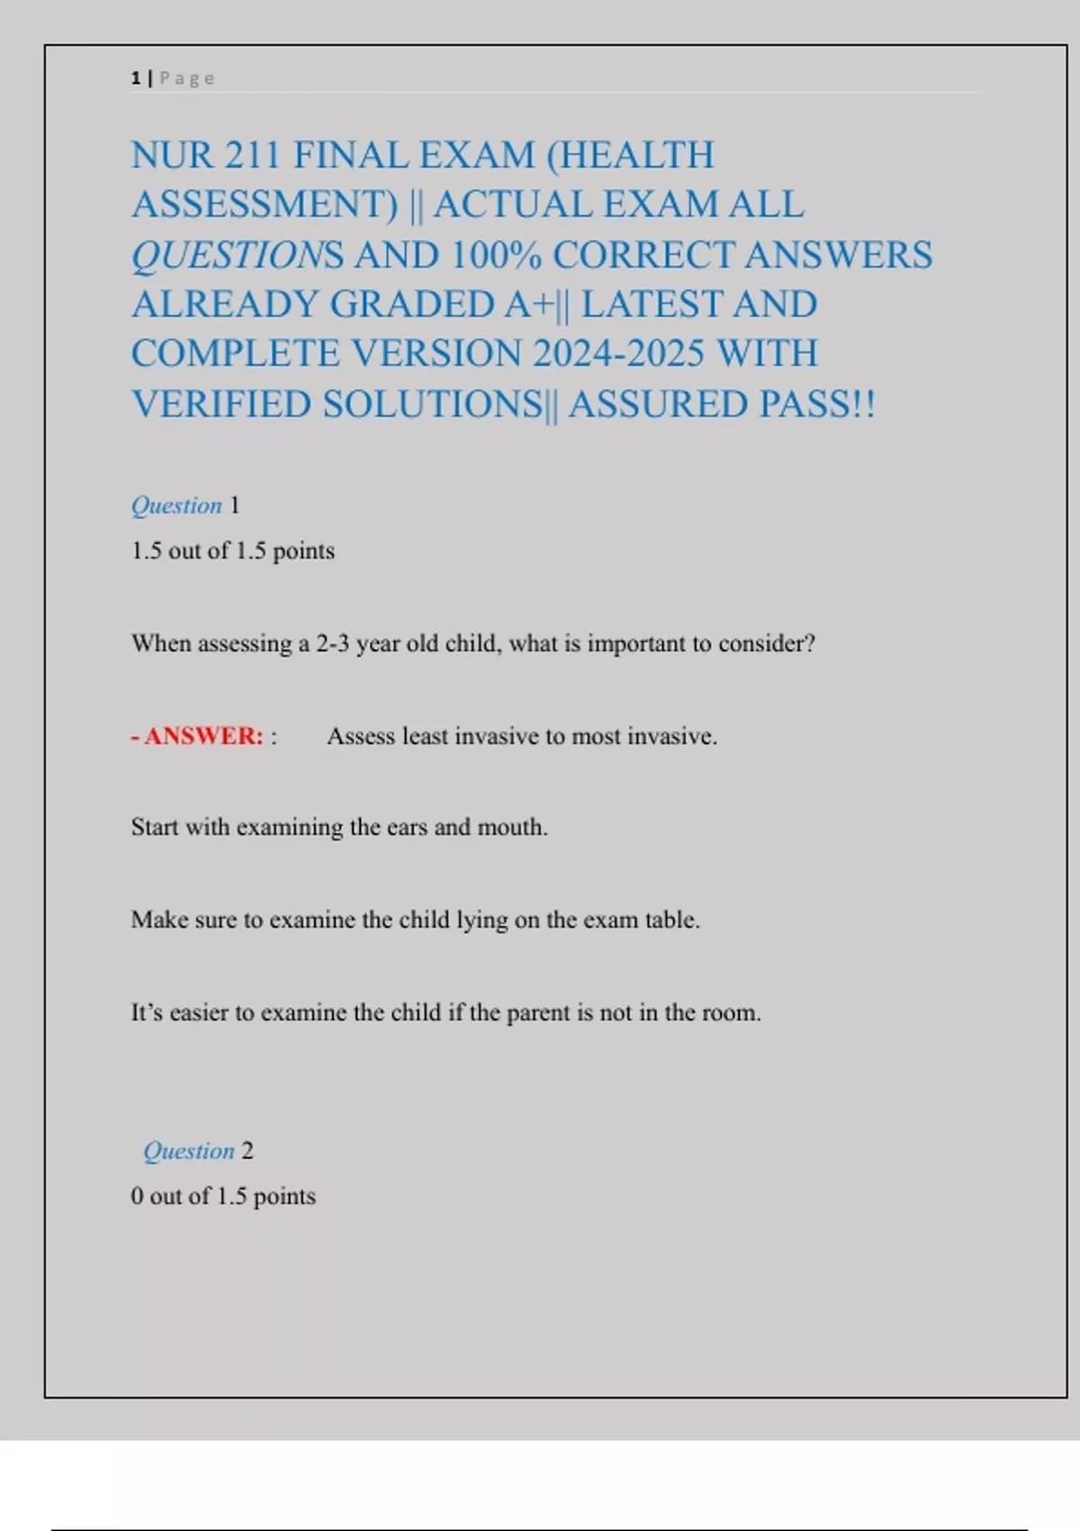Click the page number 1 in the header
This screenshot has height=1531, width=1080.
coord(136,78)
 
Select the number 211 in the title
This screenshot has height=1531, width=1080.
coord(253,155)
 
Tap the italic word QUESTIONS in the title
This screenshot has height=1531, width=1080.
coord(238,256)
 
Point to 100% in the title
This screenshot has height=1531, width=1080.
coord(496,255)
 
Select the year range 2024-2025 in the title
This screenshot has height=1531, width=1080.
coord(617,354)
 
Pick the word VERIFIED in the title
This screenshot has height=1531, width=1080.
coord(221,404)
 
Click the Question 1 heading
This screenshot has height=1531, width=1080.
coord(185,505)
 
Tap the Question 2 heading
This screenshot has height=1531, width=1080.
coord(198,1151)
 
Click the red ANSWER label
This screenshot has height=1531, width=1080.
coord(203,736)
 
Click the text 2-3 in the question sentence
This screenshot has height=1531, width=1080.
coord(332,644)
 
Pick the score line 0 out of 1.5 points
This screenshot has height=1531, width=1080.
coord(223,1196)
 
